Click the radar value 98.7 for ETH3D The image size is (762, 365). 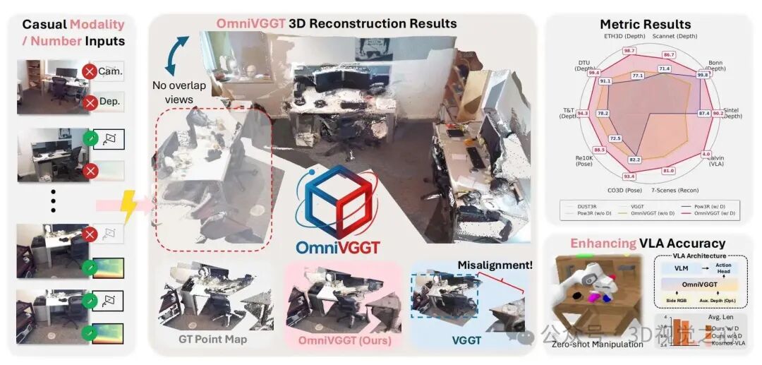point(629,51)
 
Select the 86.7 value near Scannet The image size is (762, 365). point(668,54)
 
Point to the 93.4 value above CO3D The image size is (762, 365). point(629,176)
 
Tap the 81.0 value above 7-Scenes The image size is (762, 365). point(668,171)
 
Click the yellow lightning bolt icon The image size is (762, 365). point(131,205)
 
